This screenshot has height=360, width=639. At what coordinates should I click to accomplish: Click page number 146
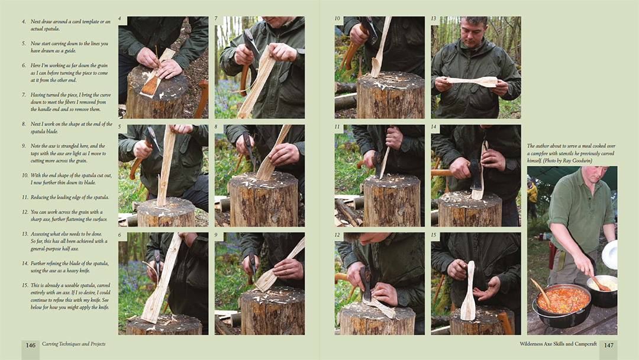click(x=31, y=345)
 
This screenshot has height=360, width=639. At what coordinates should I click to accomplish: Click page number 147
click(x=608, y=345)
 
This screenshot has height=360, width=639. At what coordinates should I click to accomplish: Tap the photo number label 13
click(x=434, y=19)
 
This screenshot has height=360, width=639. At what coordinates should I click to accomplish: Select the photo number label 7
click(x=216, y=19)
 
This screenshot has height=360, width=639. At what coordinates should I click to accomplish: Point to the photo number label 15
click(x=434, y=235)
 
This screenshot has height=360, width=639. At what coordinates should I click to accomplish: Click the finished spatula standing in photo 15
click(x=469, y=290)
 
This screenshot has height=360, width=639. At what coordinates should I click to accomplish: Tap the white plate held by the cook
click(x=610, y=255)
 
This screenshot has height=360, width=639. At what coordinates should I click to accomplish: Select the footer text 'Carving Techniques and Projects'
click(x=74, y=344)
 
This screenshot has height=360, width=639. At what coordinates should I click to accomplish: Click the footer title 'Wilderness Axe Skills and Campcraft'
click(x=558, y=344)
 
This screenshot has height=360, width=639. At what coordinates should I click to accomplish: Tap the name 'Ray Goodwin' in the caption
click(x=577, y=160)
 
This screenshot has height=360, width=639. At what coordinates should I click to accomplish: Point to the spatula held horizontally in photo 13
click(x=472, y=82)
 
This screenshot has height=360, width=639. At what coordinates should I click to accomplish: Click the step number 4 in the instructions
click(x=24, y=21)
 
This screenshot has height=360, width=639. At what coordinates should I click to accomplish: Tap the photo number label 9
click(x=216, y=235)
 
